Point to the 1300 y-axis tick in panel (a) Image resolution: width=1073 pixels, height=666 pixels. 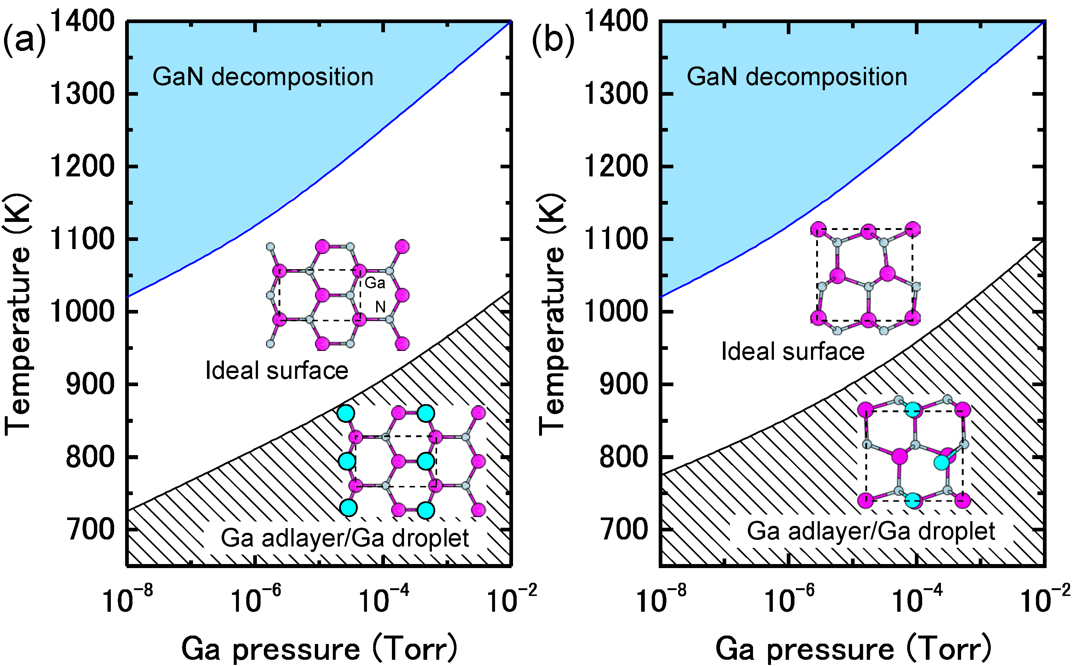82,94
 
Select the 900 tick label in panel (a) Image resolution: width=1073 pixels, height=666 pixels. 90,384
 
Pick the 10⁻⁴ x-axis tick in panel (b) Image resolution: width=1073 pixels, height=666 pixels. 917,600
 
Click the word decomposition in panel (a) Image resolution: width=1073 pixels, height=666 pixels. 292,77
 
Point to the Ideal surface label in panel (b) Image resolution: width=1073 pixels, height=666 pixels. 792,351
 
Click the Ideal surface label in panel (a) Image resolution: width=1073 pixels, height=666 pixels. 277,370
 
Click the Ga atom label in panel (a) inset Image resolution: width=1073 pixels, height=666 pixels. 375,283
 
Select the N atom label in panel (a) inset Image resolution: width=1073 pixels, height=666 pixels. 380,307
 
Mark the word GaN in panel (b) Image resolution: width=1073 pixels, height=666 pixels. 712,77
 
